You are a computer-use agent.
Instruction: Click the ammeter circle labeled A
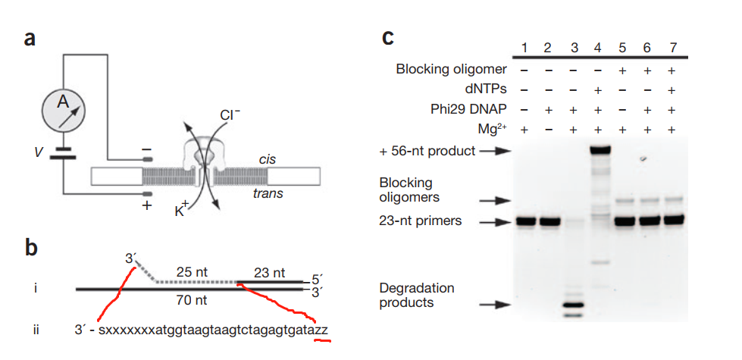(64, 108)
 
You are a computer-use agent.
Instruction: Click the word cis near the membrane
(266, 161)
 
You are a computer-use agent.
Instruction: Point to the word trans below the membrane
(268, 194)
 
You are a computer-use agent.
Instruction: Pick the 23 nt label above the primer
(269, 272)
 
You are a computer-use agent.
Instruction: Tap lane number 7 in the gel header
(672, 49)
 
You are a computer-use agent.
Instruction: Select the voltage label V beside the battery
(39, 152)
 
